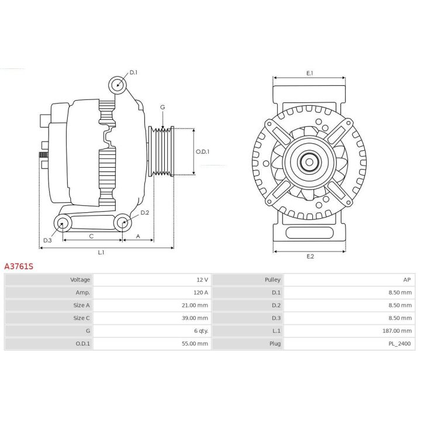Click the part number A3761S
(x=19, y=267)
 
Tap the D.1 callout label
(x=133, y=73)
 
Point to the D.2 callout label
(x=145, y=213)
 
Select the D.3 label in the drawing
(x=47, y=240)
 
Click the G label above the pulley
(x=163, y=107)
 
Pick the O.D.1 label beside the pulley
(x=202, y=151)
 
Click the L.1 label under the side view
(x=101, y=253)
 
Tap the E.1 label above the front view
(x=310, y=73)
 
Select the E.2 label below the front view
(x=310, y=257)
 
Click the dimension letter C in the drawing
(x=91, y=236)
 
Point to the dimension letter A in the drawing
(x=138, y=236)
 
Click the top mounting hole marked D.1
(x=118, y=85)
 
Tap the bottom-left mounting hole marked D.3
(x=63, y=223)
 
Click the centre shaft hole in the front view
(x=309, y=162)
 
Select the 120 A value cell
(x=201, y=292)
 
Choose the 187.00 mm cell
(x=397, y=331)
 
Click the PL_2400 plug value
(x=400, y=344)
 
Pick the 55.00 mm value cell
(x=195, y=344)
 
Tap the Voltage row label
(x=80, y=279)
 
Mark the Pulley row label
(x=272, y=279)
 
